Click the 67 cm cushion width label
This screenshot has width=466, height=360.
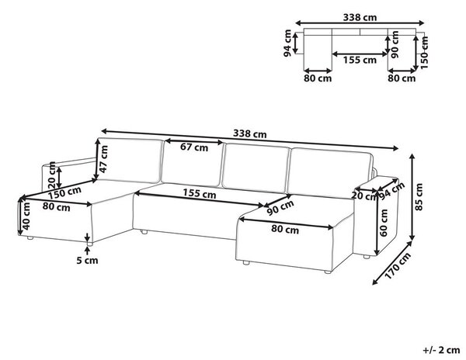pyautogui.click(x=194, y=147)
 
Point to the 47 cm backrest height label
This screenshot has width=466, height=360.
pyautogui.click(x=104, y=159)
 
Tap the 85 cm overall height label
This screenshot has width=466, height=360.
pyautogui.click(x=419, y=197)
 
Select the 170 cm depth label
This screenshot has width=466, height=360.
pyautogui.click(x=398, y=265)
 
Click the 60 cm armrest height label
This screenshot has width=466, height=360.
pyautogui.click(x=384, y=223)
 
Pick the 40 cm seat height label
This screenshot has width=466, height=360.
pyautogui.click(x=26, y=216)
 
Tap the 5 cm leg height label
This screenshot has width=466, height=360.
pyautogui.click(x=87, y=261)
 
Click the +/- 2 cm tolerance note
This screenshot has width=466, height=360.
pyautogui.click(x=441, y=350)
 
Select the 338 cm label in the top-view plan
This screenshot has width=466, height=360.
pyautogui.click(x=360, y=18)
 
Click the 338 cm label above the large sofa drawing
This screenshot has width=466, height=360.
pyautogui.click(x=249, y=134)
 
